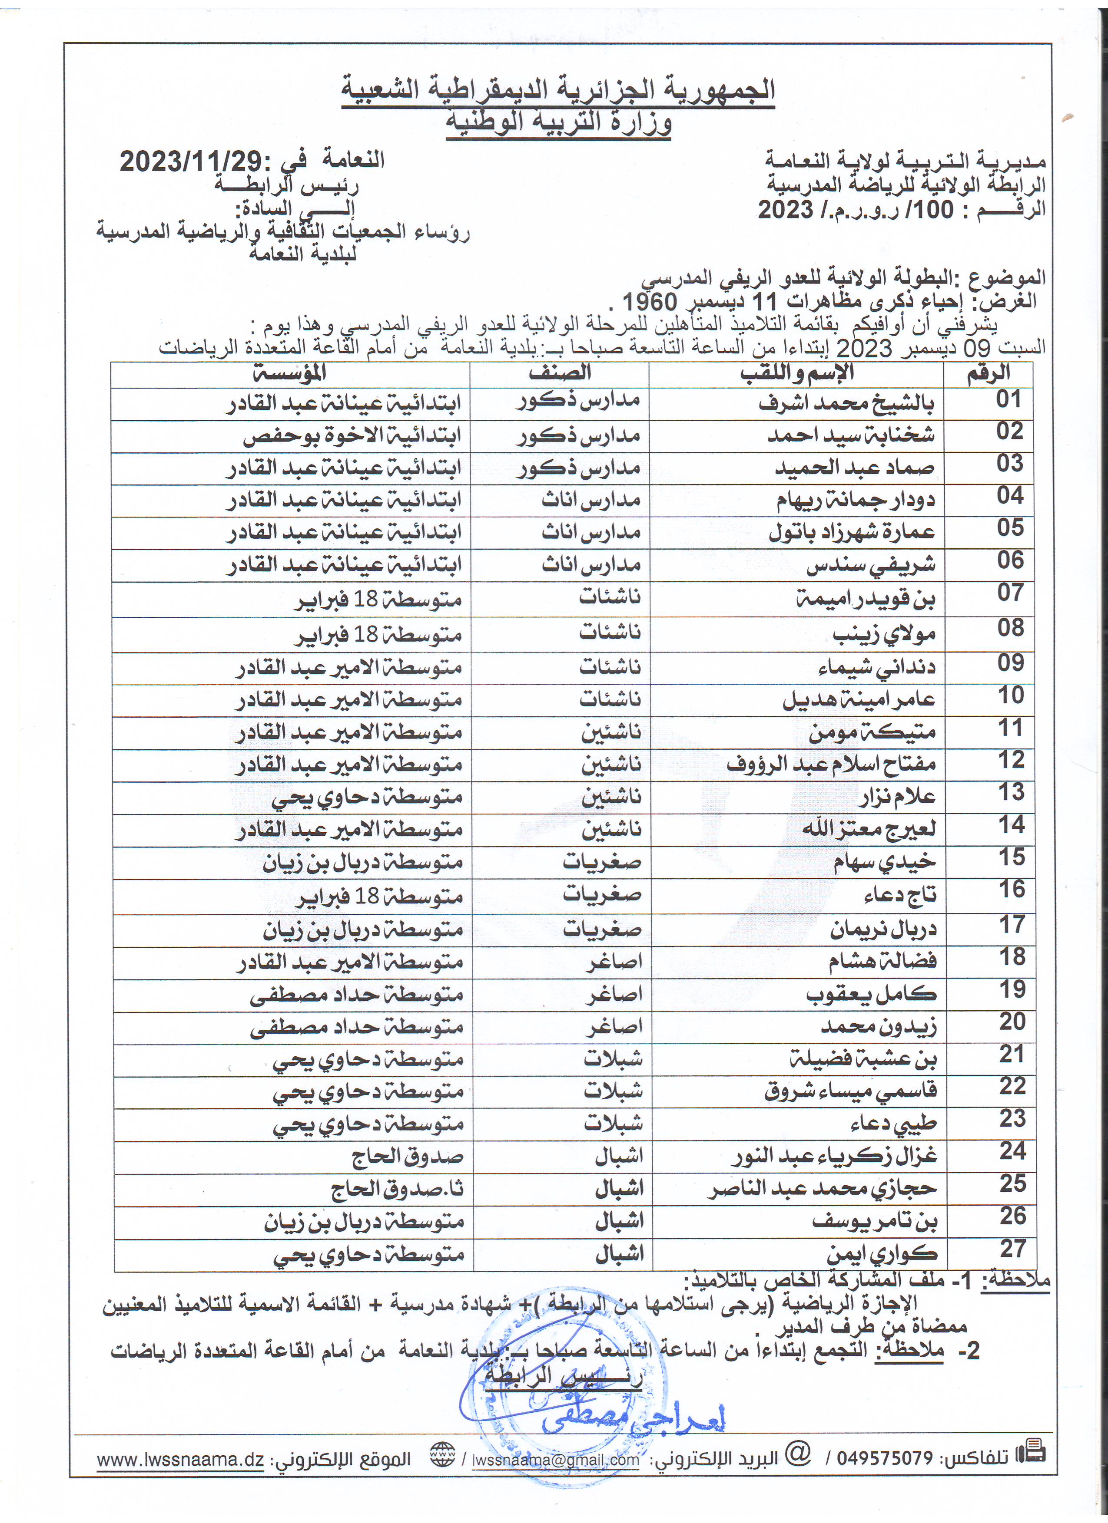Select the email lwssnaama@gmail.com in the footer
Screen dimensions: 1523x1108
(556, 1460)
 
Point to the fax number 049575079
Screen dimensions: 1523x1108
(885, 1458)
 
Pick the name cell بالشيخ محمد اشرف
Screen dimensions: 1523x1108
(846, 404)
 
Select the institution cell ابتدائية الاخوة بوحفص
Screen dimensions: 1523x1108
(352, 436)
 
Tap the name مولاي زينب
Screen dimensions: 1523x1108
(884, 633)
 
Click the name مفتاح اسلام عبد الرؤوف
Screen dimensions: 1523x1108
(831, 764)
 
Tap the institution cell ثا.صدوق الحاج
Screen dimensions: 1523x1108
(397, 1189)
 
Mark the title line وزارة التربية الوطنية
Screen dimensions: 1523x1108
(559, 123)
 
